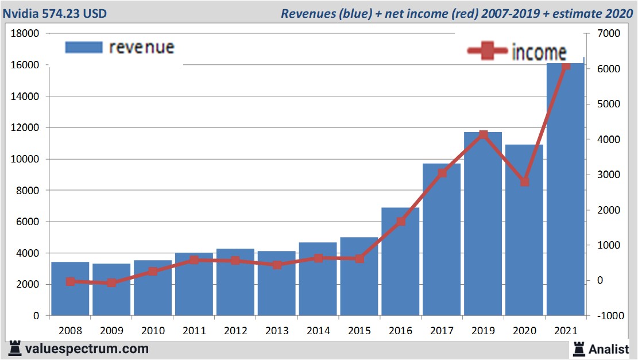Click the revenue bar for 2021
click(x=565, y=189)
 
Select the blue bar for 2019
click(x=483, y=224)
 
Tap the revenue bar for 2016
click(x=400, y=262)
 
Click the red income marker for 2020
click(x=524, y=182)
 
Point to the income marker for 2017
click(x=442, y=173)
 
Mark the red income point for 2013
click(x=277, y=265)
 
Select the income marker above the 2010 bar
click(x=153, y=272)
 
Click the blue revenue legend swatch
click(x=84, y=47)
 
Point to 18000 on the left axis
click(x=26, y=34)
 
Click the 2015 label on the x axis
click(x=359, y=331)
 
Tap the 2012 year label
click(x=235, y=331)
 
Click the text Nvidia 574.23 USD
click(x=54, y=13)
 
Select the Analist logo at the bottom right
click(x=601, y=349)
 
